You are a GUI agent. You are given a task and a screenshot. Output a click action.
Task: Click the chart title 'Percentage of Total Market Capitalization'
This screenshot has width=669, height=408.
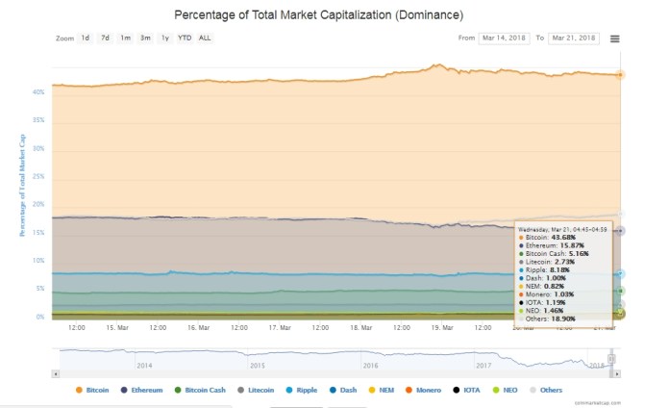(x=318, y=16)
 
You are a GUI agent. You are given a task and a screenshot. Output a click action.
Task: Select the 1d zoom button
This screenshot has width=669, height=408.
(x=86, y=38)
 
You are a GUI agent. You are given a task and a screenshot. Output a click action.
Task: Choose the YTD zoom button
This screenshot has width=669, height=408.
(x=185, y=38)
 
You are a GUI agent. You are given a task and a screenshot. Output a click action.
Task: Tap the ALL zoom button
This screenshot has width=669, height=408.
(x=205, y=38)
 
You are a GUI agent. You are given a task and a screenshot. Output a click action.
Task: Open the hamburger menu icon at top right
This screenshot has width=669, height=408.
(x=614, y=38)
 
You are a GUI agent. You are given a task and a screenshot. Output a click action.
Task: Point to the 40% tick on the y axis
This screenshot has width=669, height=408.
(x=37, y=92)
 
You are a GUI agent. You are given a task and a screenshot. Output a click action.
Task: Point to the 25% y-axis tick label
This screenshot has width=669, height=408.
(x=37, y=177)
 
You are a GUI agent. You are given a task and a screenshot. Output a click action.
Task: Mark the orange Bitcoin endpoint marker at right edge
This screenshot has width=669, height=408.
(x=620, y=74)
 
